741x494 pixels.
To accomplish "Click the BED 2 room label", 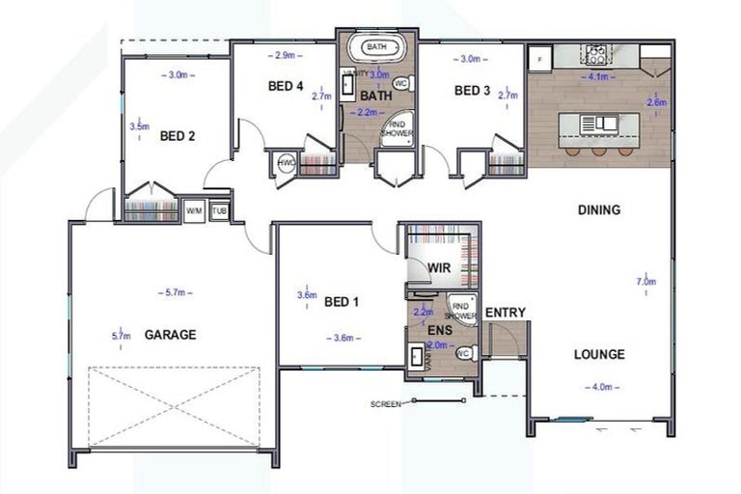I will (178, 136).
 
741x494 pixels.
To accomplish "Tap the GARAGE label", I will (170, 335).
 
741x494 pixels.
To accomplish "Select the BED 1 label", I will (342, 302).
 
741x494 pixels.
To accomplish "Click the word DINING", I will (598, 209).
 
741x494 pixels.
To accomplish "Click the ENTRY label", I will (505, 312).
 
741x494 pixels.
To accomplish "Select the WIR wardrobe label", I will (439, 267).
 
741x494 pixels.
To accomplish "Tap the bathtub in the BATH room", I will (375, 46).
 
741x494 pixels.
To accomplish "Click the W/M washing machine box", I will (194, 209).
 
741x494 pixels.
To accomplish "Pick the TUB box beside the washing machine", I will (219, 209).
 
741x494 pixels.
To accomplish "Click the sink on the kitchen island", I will (605, 123).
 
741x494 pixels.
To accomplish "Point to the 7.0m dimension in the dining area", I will (646, 282).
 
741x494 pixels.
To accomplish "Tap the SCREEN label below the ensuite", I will (385, 404).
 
